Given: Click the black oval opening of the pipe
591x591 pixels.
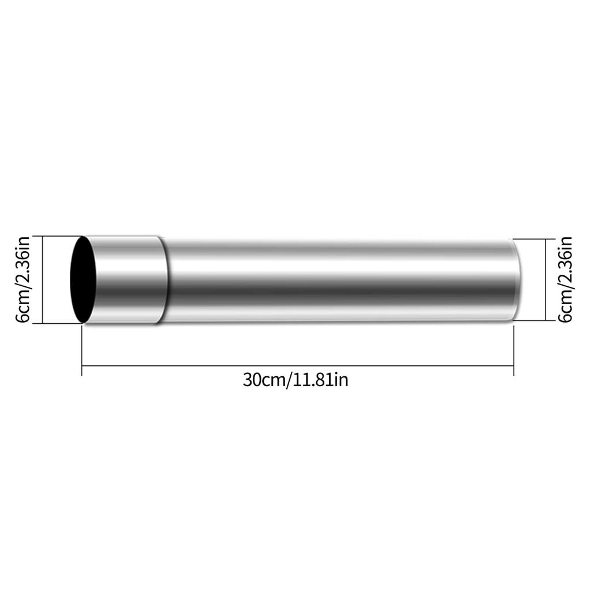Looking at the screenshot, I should (x=83, y=279).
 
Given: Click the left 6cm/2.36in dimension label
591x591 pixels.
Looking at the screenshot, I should (x=23, y=280).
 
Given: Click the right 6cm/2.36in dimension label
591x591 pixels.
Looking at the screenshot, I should (x=565, y=279).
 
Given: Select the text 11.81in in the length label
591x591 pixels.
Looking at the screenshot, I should (x=320, y=380).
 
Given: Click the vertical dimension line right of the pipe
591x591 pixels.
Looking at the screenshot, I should (x=546, y=279).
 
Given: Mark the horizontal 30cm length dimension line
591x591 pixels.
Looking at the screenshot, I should (x=297, y=365).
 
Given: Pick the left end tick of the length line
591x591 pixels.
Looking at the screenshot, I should (x=82, y=365).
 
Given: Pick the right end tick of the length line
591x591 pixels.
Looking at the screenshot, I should (x=514, y=365).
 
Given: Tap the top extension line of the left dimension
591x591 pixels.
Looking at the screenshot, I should (x=58, y=236).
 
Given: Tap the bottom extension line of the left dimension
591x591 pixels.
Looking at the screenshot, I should (x=58, y=324).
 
